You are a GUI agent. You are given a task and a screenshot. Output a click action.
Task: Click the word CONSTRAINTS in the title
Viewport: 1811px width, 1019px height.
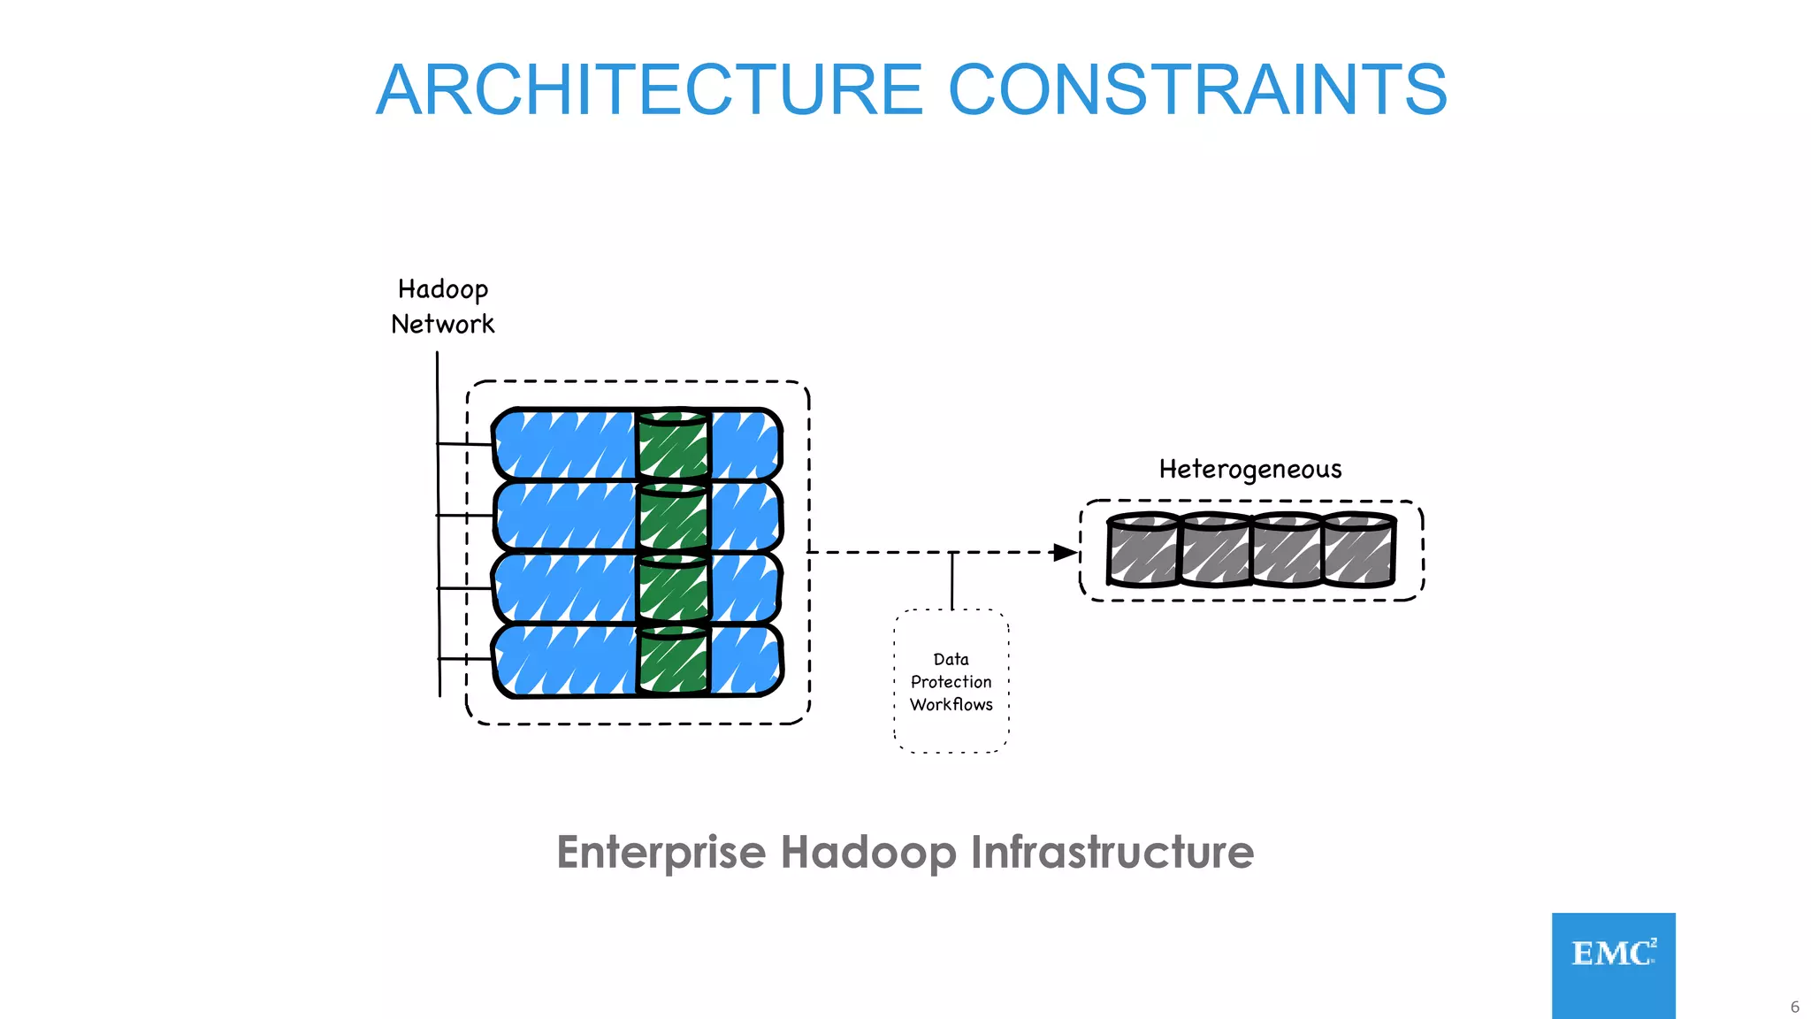[1197, 90]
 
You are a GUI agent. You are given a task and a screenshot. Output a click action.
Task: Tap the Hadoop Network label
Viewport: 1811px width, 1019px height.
[443, 306]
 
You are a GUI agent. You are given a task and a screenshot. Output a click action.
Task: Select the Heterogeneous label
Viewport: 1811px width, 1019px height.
[1249, 469]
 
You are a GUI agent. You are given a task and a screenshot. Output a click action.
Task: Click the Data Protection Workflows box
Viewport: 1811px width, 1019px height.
[951, 681]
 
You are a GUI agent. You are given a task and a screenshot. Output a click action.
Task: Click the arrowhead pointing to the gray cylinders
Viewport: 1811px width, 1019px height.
[1065, 553]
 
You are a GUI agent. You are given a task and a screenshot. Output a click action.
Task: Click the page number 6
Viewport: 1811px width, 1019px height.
[1794, 1007]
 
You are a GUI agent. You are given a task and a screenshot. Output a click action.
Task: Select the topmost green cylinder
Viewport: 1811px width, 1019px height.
[673, 445]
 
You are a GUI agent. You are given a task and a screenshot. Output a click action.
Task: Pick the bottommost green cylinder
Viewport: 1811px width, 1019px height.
[673, 660]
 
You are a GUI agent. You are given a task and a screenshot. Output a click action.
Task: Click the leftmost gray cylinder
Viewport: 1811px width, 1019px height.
[1142, 550]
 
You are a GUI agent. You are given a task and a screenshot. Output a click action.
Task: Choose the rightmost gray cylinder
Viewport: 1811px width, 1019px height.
[1360, 550]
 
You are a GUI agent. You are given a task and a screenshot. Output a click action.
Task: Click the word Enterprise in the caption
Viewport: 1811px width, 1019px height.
[661, 853]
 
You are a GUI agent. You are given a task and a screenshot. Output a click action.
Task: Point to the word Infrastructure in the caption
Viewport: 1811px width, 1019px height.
[1112, 853]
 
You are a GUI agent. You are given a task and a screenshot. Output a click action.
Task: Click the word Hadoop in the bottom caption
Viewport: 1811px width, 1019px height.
[868, 853]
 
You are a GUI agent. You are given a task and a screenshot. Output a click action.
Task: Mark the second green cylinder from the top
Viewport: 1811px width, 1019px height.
[673, 517]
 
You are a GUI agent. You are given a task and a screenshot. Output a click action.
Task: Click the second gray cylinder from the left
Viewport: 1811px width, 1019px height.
[1215, 550]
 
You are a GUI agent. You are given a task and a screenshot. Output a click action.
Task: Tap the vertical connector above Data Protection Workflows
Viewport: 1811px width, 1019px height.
[952, 581]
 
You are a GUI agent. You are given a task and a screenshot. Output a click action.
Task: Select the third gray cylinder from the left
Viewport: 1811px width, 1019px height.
[1288, 550]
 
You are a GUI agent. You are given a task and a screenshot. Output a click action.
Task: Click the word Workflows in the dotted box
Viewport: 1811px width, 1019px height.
[951, 705]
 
